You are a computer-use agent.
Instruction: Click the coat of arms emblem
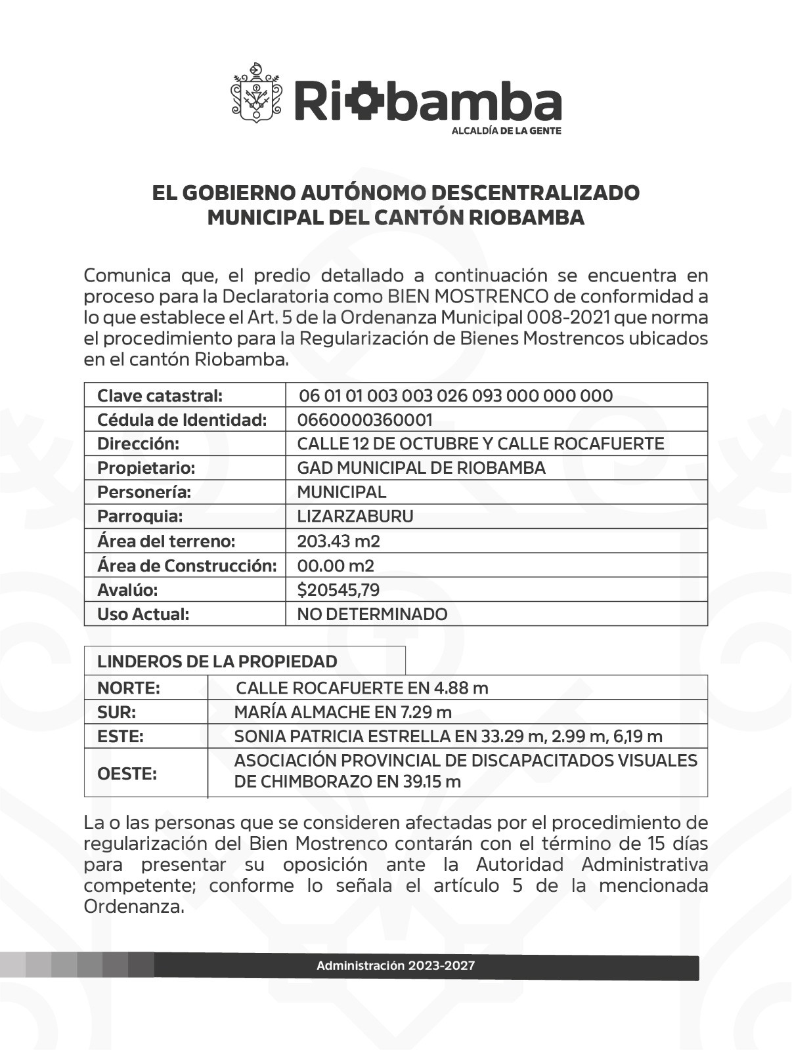(x=256, y=93)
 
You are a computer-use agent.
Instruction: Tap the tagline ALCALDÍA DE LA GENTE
(x=506, y=131)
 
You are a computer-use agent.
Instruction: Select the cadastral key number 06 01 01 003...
(x=455, y=396)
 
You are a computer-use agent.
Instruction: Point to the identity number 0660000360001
(x=364, y=420)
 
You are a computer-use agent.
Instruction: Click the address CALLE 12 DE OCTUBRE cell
(x=480, y=444)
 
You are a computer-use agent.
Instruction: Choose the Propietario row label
(x=146, y=468)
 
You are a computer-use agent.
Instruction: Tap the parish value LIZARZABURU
(x=355, y=516)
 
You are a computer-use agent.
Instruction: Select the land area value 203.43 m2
(x=338, y=541)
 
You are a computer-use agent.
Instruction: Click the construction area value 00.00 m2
(x=335, y=566)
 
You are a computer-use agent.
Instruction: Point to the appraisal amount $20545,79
(x=338, y=590)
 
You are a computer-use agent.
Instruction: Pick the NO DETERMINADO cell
(x=372, y=614)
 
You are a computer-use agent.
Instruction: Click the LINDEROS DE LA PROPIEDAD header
(x=217, y=661)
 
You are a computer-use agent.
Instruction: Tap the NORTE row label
(x=129, y=688)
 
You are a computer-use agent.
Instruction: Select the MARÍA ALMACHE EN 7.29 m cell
(x=343, y=712)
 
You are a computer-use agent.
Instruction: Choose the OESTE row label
(x=127, y=774)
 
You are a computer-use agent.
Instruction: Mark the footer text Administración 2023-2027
(x=395, y=966)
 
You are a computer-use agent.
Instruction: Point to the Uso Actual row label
(x=143, y=614)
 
